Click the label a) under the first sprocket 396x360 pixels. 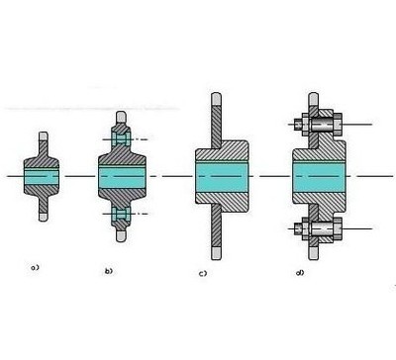[35, 267]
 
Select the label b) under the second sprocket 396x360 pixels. [109, 271]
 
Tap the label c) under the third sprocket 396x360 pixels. [203, 273]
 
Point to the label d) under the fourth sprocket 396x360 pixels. [300, 273]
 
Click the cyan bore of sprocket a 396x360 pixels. [42, 177]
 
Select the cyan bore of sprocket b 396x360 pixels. [122, 177]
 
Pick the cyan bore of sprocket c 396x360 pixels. [222, 177]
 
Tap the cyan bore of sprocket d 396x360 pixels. [319, 177]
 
